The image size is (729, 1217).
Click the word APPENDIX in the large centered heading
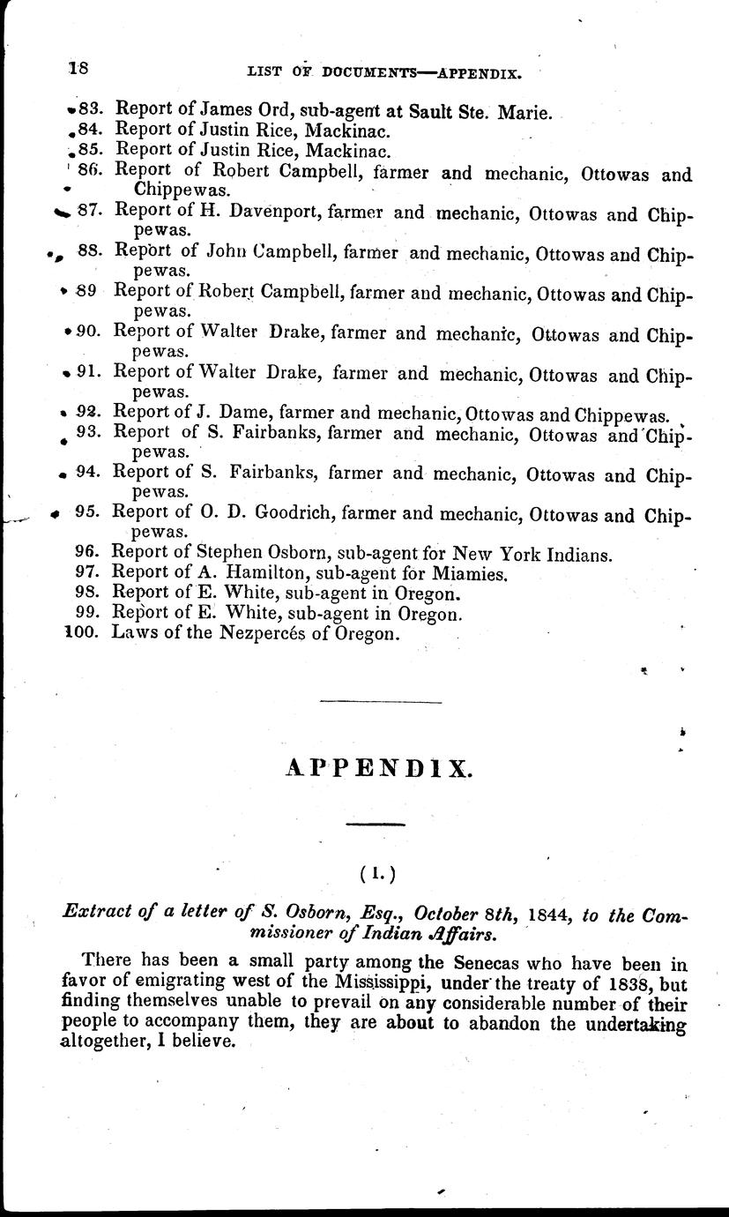[380, 769]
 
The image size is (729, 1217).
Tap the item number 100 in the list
[86, 633]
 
